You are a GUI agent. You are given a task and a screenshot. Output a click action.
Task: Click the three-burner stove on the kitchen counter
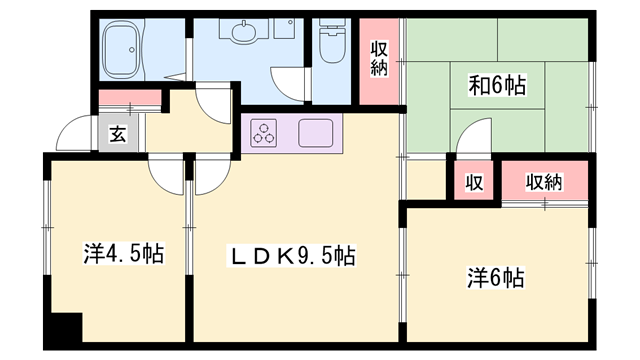(265, 132)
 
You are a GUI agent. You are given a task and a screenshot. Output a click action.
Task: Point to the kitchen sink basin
(315, 132)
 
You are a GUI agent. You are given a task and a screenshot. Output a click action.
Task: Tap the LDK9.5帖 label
(287, 256)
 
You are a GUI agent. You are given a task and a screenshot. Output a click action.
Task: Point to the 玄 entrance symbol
(117, 134)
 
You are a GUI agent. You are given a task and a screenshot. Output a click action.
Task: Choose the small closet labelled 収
(473, 183)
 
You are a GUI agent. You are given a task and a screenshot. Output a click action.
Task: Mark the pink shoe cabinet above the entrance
(131, 98)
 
